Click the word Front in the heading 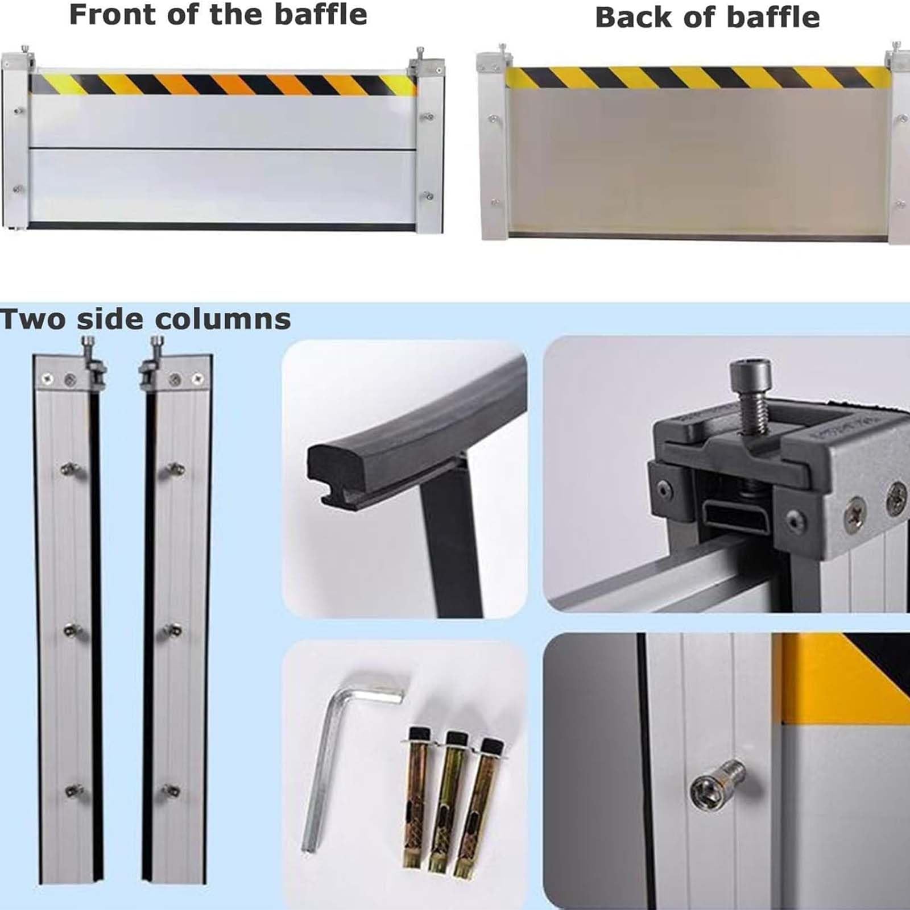tap(113, 14)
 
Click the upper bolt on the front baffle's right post tap(428, 117)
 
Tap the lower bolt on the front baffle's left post tap(18, 189)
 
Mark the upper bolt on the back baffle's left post tap(494, 119)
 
